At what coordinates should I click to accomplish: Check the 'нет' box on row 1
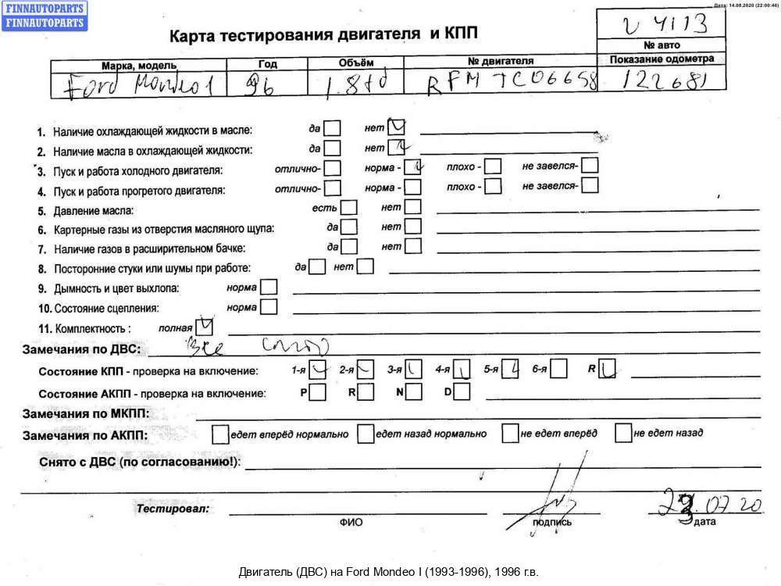397,127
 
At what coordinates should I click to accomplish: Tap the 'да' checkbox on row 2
332,147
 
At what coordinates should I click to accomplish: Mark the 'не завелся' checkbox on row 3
590,166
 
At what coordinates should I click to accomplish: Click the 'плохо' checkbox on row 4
493,187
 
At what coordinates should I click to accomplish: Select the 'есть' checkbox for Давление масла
349,208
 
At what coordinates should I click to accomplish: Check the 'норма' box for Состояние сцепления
269,307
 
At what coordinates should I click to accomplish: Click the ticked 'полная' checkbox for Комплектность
205,326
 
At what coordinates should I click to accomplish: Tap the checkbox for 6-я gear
558,370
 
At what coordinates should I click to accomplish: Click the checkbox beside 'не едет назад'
623,432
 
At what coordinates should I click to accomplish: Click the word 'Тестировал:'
173,509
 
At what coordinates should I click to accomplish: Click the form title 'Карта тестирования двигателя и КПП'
324,34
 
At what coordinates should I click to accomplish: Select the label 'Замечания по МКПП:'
86,413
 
